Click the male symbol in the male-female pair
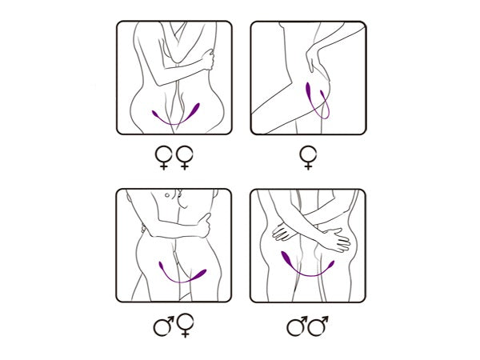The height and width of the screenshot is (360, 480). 164,325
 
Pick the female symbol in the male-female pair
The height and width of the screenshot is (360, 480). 185,325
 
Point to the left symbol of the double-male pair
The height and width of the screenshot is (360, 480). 297,325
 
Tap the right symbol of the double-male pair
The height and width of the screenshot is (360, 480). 319,325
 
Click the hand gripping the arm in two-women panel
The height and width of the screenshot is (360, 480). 208,60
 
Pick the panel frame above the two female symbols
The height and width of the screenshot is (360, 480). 174,78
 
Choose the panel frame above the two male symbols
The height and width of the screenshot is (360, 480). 307,246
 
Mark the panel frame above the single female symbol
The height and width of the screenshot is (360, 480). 307,78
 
